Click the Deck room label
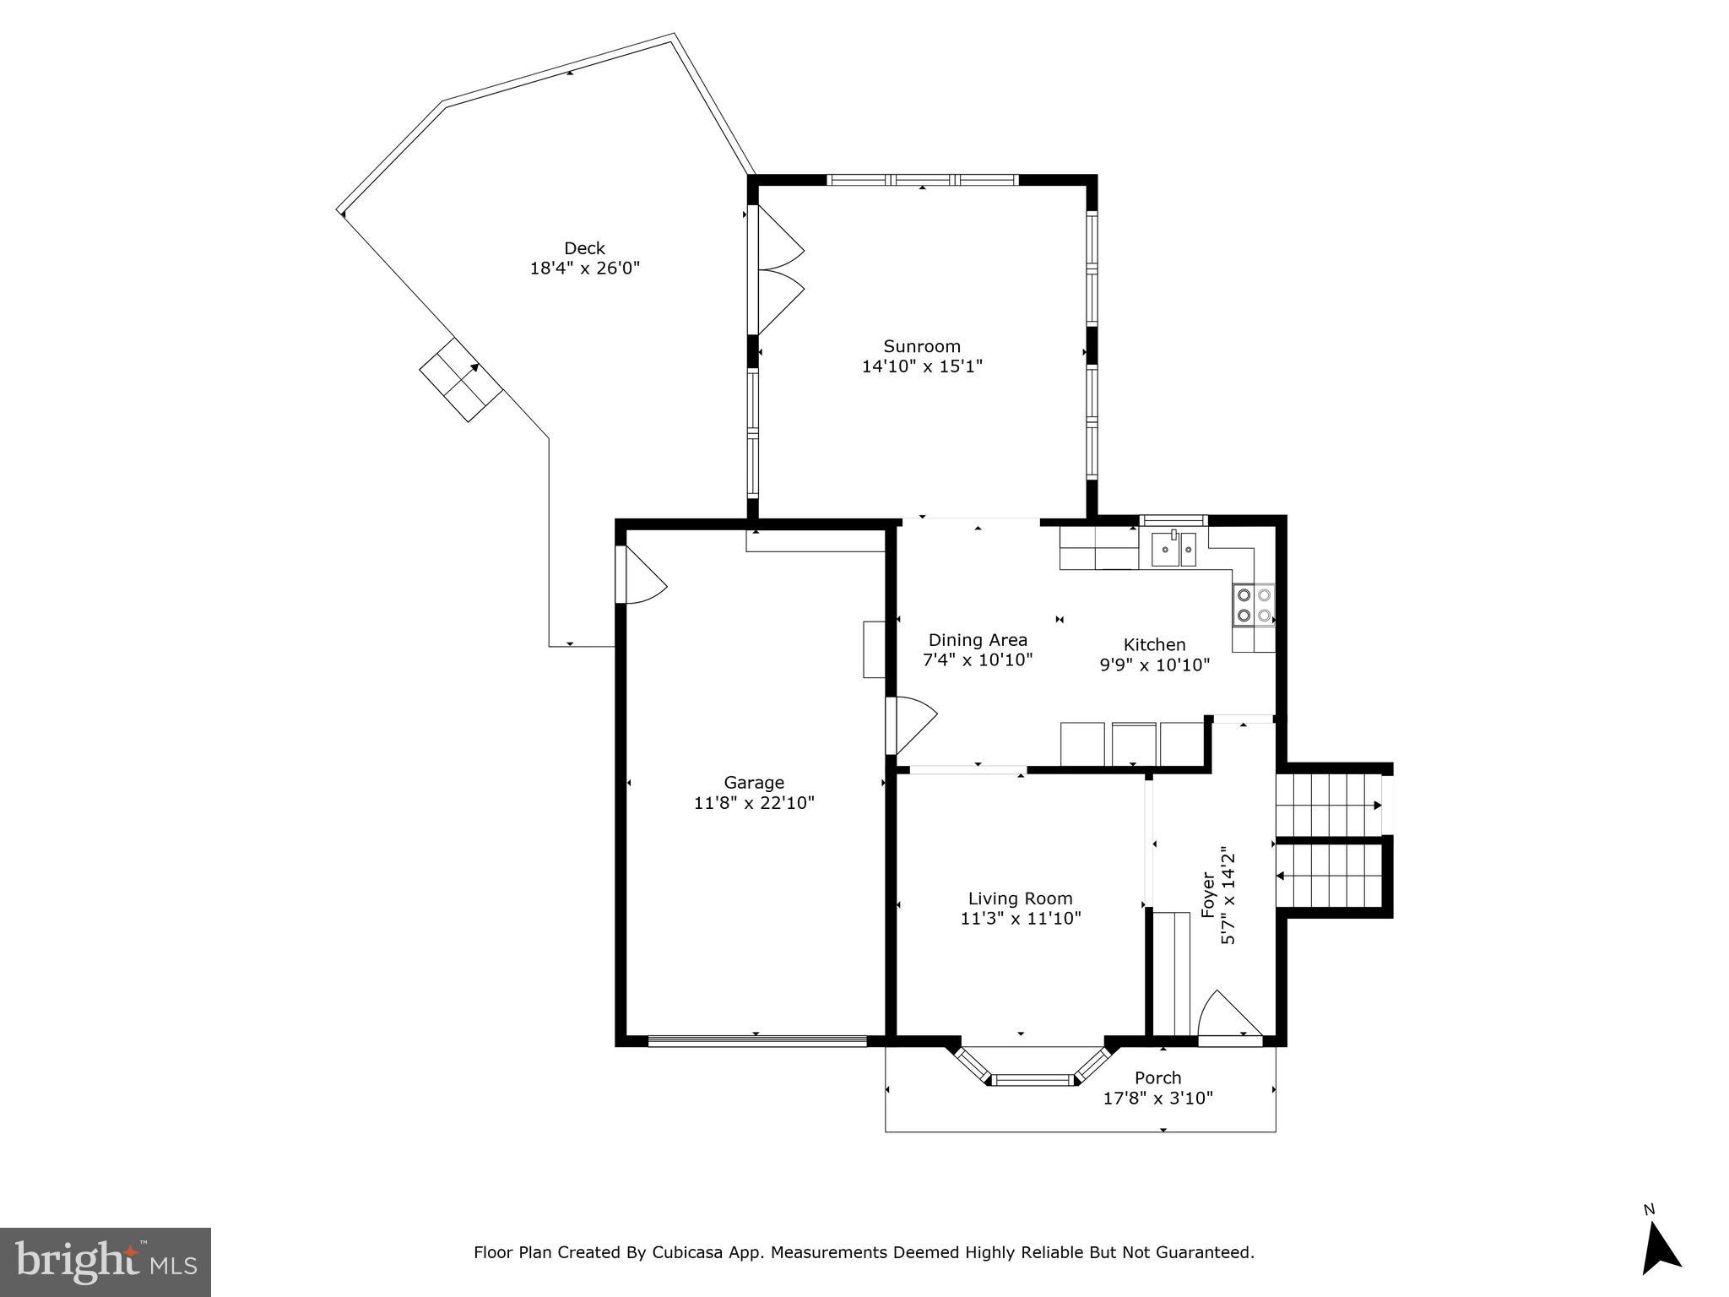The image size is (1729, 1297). click(584, 248)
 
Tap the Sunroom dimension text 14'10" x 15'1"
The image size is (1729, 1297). click(922, 366)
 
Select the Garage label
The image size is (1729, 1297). click(754, 783)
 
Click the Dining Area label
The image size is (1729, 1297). click(978, 640)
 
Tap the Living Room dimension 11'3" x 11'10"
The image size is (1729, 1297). click(1020, 919)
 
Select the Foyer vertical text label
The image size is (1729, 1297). click(1208, 895)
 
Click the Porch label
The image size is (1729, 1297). click(1157, 1078)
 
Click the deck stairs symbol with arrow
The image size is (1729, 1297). click(462, 380)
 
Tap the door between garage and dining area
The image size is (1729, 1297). click(912, 724)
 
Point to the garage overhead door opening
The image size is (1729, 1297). click(757, 1041)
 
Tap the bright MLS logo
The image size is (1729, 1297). click(106, 1262)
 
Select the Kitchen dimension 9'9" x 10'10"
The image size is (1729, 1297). click(1154, 665)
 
